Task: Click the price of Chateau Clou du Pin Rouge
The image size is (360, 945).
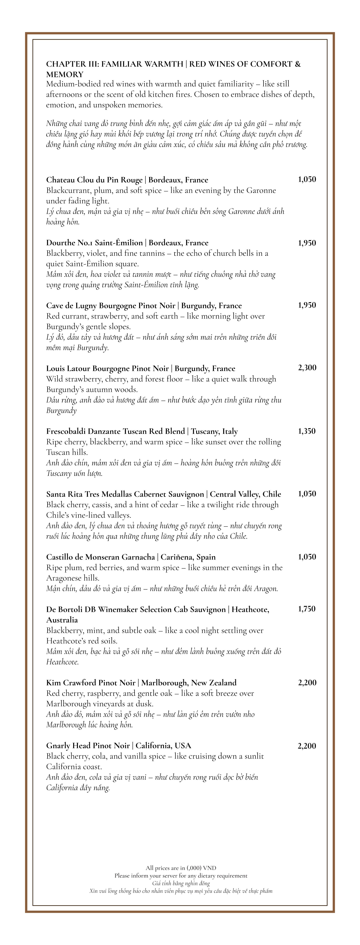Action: (x=307, y=179)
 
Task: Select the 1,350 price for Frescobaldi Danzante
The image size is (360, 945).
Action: (x=307, y=431)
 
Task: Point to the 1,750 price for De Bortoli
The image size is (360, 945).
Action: (x=307, y=609)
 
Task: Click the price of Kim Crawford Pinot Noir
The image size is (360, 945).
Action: (x=307, y=683)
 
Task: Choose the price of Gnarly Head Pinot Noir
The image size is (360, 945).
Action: (x=307, y=746)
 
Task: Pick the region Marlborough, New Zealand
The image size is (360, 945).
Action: (x=189, y=683)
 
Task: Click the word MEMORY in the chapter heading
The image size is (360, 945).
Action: (x=65, y=74)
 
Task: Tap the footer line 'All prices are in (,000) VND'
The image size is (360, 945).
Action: (x=181, y=868)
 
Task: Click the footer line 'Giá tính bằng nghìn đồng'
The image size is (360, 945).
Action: (x=181, y=883)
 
